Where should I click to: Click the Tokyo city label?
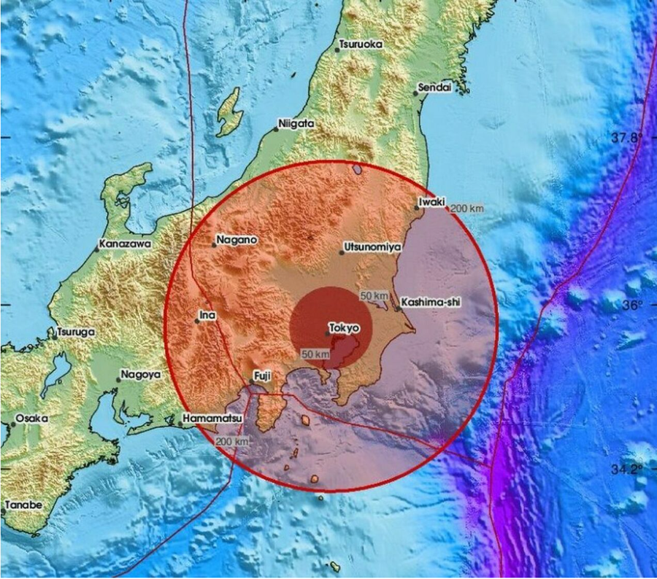[x=345, y=328]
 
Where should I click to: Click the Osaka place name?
[x=34, y=419]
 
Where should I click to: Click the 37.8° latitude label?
[x=627, y=137]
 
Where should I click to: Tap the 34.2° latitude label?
[x=627, y=469]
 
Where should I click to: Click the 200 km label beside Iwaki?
[x=466, y=209]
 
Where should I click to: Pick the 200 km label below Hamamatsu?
[x=233, y=442]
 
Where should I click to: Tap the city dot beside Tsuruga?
[x=55, y=337]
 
